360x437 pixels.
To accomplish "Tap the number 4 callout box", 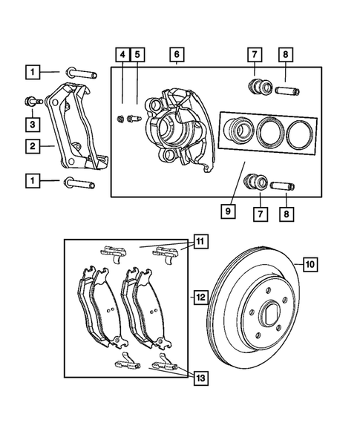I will pyautogui.click(x=121, y=54).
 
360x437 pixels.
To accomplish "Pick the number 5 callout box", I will pyautogui.click(x=137, y=54).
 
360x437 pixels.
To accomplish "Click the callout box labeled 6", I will pyautogui.click(x=176, y=54).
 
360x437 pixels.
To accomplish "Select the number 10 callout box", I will pyautogui.click(x=308, y=262).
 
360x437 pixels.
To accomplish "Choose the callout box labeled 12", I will pyautogui.click(x=201, y=298).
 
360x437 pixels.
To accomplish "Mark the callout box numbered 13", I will pyautogui.click(x=201, y=378).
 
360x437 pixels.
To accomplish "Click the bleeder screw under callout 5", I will pyautogui.click(x=133, y=117).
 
